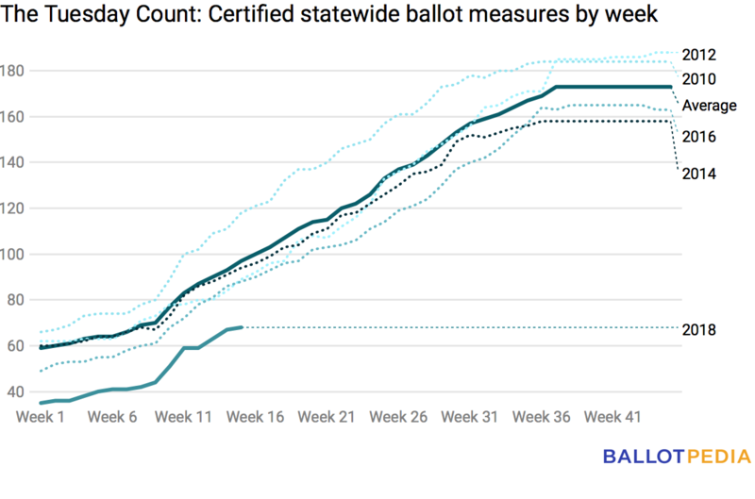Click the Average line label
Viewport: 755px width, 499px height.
(709, 105)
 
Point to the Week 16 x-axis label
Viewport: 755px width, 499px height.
(254, 416)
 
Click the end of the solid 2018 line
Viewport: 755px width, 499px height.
(243, 327)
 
